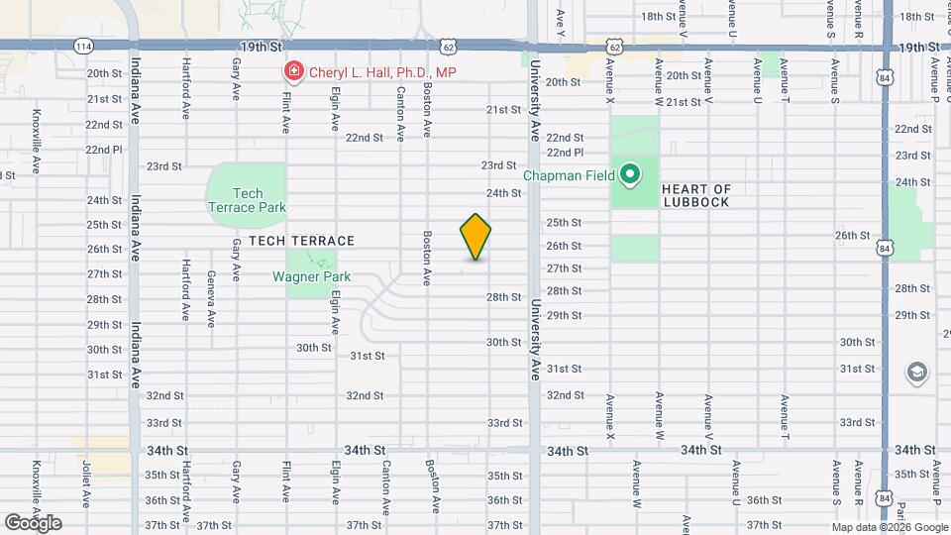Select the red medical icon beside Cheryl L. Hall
click(x=293, y=71)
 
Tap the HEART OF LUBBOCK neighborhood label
click(x=695, y=195)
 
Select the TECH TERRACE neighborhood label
click(x=301, y=241)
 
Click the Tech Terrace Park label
click(x=247, y=200)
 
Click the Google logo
click(x=34, y=522)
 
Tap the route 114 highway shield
click(x=84, y=47)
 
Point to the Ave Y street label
click(x=561, y=17)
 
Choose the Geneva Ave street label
click(x=211, y=299)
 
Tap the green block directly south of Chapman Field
click(x=634, y=248)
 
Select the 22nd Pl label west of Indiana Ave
click(x=103, y=150)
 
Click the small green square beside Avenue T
click(x=769, y=64)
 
